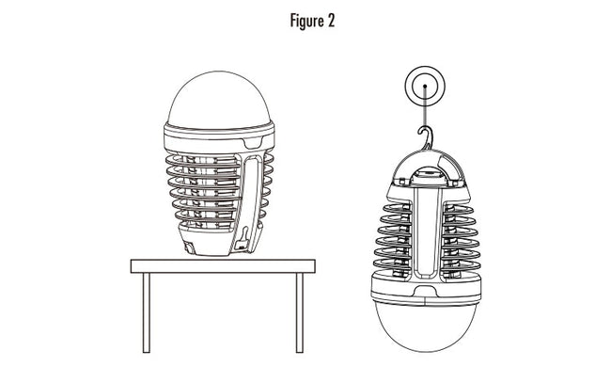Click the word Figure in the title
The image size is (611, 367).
[306, 21]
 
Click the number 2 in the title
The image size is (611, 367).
[331, 21]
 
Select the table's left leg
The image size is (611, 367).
[146, 312]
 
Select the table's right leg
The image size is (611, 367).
[299, 312]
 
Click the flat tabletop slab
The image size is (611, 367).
[223, 266]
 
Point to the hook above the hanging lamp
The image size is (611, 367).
[426, 136]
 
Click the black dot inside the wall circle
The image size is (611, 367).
[425, 87]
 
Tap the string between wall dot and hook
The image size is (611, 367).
[425, 107]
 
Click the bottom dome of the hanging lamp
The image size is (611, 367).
[426, 325]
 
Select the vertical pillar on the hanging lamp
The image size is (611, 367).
[427, 233]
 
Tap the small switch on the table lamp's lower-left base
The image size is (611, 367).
[189, 247]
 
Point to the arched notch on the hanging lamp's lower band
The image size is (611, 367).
[426, 291]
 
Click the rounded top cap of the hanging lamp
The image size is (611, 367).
[428, 166]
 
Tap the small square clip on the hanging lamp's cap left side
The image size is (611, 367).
[402, 182]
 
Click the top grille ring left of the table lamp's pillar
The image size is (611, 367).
[203, 160]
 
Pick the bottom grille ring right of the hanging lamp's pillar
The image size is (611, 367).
[462, 266]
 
